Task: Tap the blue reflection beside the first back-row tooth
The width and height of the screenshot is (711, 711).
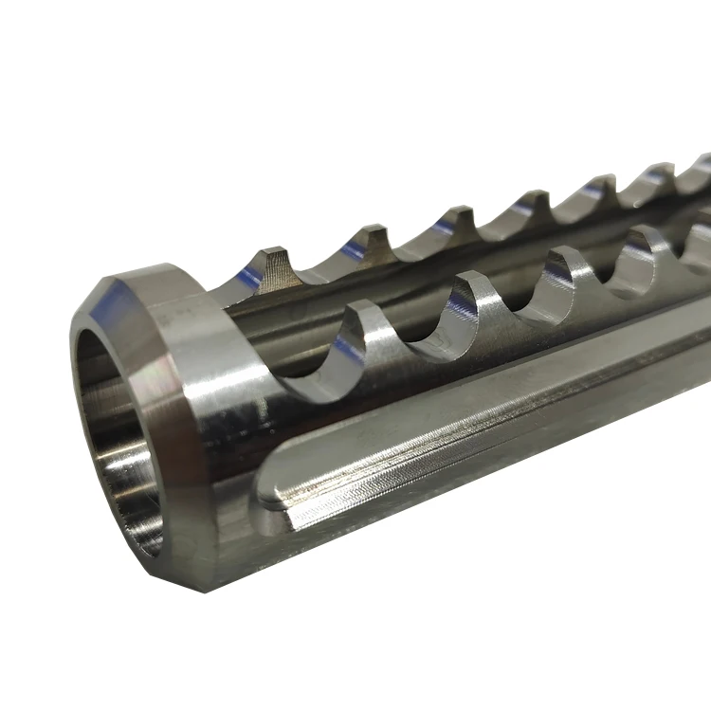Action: (x=248, y=278)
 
